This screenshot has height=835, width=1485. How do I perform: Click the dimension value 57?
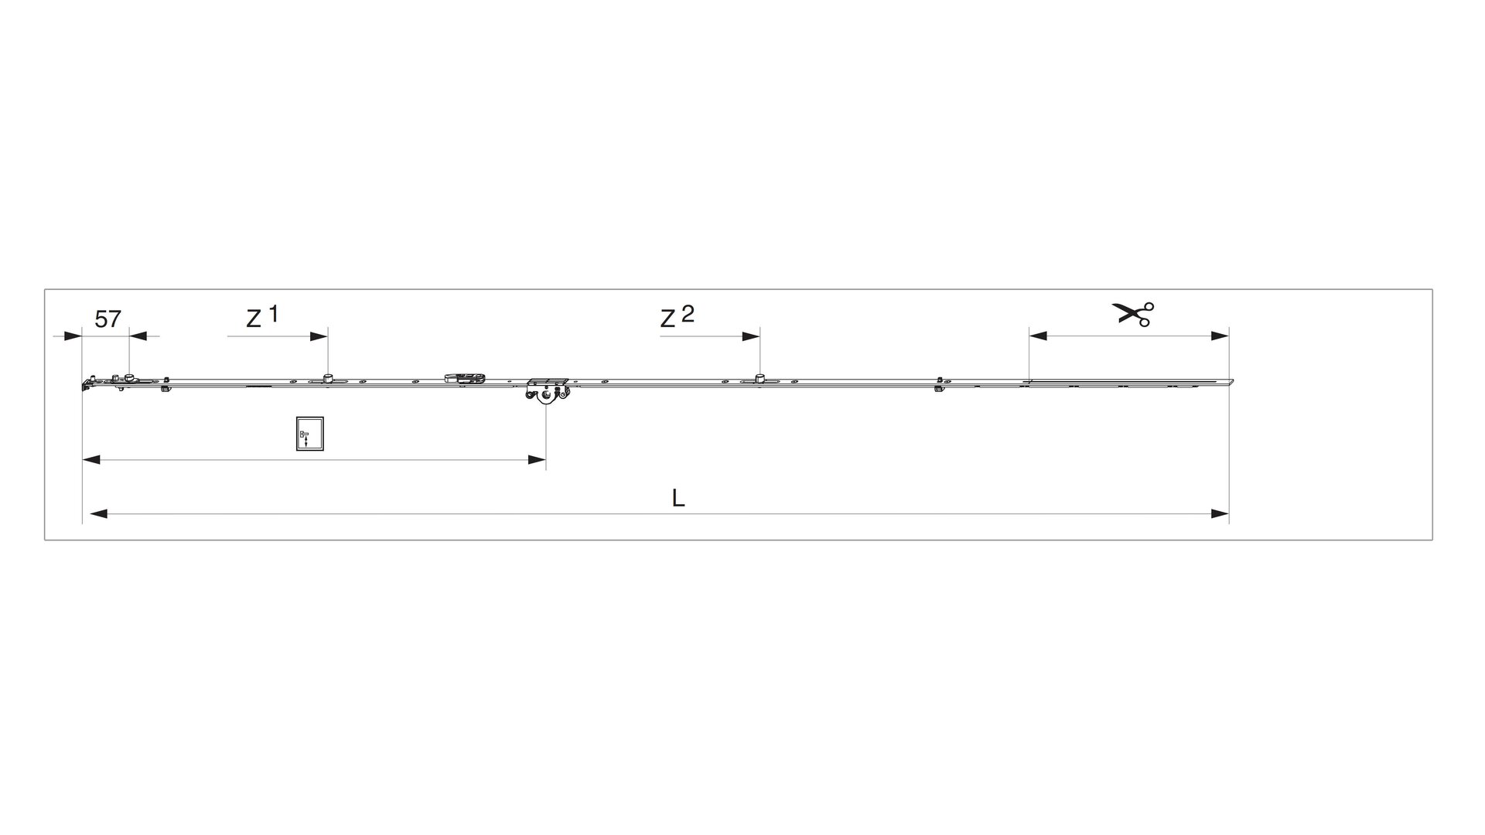(108, 319)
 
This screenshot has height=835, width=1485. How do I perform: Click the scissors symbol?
(1133, 314)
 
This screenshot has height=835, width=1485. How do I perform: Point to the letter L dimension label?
(678, 498)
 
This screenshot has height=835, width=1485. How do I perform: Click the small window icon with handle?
(309, 433)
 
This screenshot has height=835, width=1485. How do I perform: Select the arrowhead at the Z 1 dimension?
(319, 336)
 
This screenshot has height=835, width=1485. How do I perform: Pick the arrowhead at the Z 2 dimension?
(750, 336)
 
